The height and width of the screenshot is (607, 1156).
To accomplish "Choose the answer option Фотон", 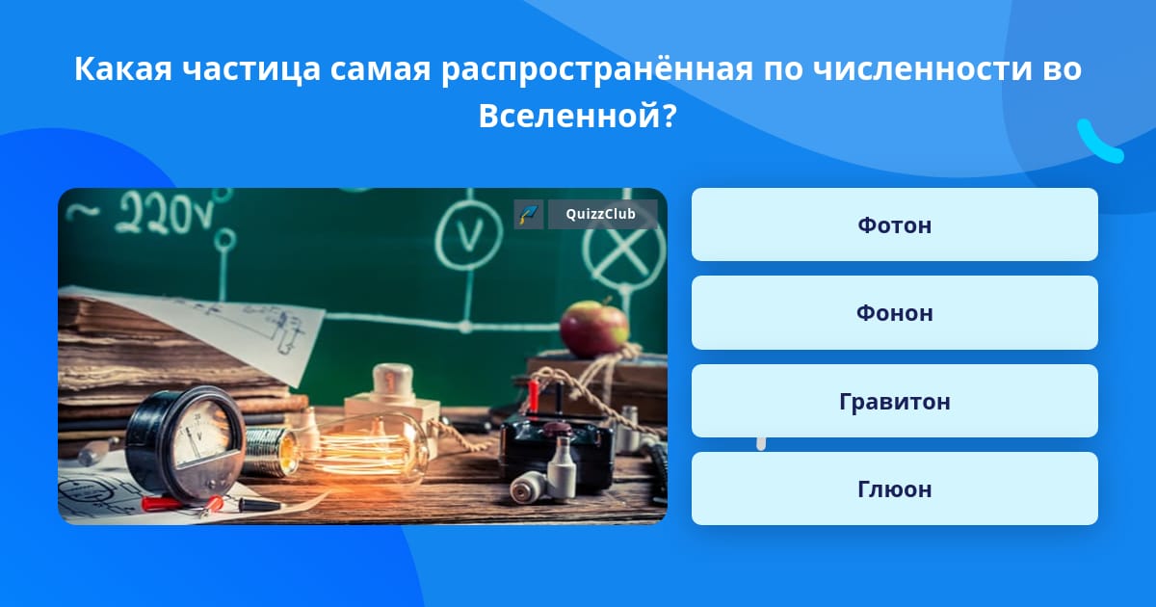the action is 894,224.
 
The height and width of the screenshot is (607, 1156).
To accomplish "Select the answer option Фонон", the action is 894,313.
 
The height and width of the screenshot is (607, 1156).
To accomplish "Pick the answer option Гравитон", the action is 894,401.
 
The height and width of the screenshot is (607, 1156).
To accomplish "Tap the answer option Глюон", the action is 894,488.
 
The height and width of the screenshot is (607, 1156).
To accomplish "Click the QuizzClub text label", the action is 601,214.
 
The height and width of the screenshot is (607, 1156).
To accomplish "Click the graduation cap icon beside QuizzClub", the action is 529,214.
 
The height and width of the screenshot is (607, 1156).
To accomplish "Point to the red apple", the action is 594,329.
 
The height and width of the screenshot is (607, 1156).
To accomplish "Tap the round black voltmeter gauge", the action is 185,443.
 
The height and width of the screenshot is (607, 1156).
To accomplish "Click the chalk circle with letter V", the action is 468,235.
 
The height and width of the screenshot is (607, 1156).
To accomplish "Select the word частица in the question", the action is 251,68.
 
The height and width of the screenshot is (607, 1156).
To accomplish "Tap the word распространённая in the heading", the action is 597,68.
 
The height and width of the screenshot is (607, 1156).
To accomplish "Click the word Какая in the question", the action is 123,68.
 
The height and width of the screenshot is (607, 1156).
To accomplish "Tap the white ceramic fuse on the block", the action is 393,384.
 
